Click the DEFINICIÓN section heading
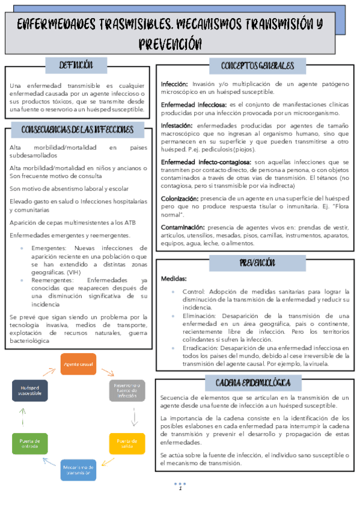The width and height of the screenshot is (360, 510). pos(76,64)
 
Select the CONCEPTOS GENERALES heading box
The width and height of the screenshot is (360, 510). pos(257,66)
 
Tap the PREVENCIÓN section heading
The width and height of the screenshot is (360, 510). pos(257,262)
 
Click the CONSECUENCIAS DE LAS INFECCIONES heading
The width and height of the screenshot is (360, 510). pos(78,129)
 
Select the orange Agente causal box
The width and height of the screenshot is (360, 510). pos(78,364)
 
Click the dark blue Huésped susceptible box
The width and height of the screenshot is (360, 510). pos(30,390)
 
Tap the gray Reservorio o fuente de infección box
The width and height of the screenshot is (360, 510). pos(127,390)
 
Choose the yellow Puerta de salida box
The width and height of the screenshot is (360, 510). pos(127,444)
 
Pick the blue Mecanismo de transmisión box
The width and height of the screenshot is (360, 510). pos(78,470)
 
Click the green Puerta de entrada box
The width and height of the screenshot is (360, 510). pos(30,444)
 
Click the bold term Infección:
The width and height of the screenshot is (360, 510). pos(174,84)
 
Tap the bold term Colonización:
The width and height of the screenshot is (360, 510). pos(180,198)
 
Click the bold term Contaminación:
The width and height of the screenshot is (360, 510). pos(182,227)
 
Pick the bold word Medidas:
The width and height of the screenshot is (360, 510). pos(174,279)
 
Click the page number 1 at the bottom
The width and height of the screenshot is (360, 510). pos(180,489)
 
